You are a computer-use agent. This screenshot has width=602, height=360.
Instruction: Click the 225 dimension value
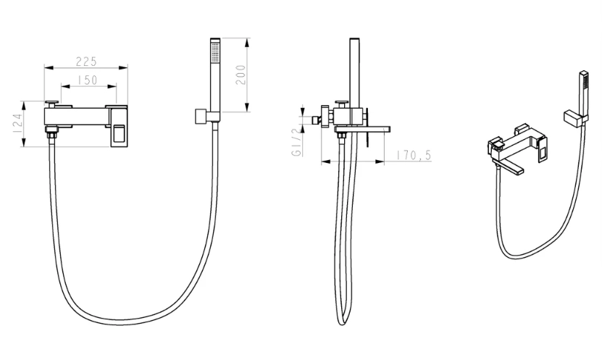tap(86, 62)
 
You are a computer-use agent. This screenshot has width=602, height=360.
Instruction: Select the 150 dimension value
tap(88, 80)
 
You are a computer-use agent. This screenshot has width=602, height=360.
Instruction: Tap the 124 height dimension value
tap(17, 124)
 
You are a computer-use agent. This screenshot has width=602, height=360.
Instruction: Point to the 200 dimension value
tap(240, 75)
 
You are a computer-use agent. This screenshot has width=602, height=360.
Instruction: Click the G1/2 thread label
tap(297, 142)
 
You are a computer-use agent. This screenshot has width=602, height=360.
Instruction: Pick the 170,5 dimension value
tap(414, 156)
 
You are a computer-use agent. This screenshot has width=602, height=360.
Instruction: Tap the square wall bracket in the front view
tap(201, 117)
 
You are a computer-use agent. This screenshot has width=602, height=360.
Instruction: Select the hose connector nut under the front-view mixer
tap(51, 135)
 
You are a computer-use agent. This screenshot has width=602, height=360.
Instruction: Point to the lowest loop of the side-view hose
tap(342, 320)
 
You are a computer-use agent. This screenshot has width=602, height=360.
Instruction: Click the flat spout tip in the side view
tap(387, 130)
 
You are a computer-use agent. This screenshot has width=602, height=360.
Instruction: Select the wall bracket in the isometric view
tap(573, 118)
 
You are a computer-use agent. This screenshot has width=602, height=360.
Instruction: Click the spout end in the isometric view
tap(520, 170)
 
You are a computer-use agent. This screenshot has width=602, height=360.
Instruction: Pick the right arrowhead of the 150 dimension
tap(112, 86)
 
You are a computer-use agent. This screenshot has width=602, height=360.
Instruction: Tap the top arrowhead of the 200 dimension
tap(247, 42)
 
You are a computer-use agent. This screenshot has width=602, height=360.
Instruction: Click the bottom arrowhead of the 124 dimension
tap(24, 143)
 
